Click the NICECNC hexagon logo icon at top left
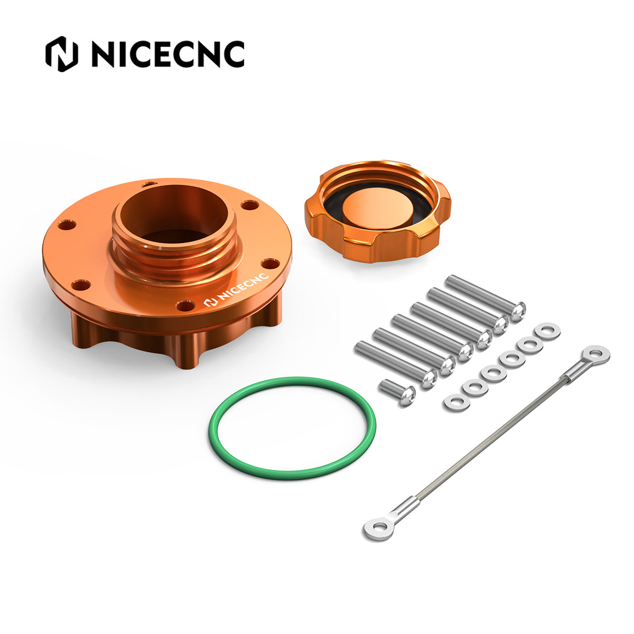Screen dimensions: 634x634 (x=61, y=54)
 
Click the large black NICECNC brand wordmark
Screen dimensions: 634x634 (x=168, y=54)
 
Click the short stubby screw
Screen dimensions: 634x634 (x=397, y=391)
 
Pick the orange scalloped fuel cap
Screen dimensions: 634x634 (x=377, y=211)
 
